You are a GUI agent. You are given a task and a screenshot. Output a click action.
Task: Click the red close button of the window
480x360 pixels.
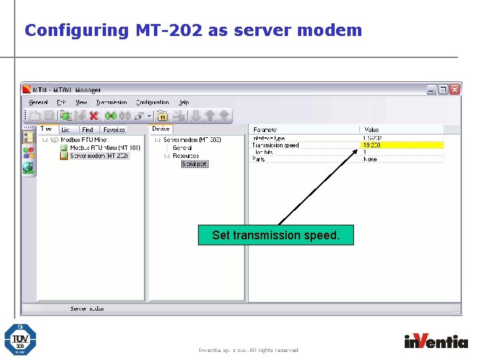coord(455,89)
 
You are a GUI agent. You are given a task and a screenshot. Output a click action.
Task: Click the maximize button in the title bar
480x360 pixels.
coord(443,89)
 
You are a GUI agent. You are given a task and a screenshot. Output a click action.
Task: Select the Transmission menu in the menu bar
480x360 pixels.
coord(111,103)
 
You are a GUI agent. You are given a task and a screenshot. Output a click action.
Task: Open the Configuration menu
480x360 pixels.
coord(153,103)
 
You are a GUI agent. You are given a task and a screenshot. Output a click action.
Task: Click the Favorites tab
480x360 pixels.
coord(114,129)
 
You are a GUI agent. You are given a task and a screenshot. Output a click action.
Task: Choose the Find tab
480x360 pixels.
coord(87,129)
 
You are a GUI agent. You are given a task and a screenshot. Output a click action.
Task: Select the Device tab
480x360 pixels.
coord(161,129)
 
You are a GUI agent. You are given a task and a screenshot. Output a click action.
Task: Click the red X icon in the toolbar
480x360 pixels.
coord(93,116)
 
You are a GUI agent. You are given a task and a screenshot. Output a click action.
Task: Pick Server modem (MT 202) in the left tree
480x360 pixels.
coord(99,155)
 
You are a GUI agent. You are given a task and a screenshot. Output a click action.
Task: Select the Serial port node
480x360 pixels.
coord(195,164)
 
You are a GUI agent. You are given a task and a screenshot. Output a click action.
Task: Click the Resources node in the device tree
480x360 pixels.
coord(185,155)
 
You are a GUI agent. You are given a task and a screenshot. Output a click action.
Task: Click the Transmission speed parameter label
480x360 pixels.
coord(275,145)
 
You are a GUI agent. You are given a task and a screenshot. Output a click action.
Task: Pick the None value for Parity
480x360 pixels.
coord(370,159)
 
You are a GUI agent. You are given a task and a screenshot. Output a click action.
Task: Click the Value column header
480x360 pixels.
coord(371,129)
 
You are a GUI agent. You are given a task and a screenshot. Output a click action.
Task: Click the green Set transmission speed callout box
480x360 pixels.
coord(275,235)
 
